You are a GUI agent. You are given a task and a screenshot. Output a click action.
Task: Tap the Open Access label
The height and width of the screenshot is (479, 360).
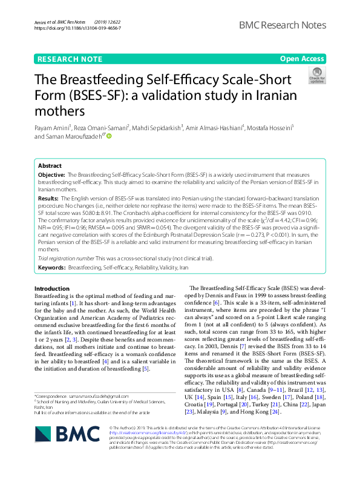click(302, 59)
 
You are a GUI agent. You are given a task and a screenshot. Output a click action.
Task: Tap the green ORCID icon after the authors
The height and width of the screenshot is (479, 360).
click(110, 137)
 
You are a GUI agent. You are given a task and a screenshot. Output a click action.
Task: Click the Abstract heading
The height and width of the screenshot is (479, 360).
click(50, 165)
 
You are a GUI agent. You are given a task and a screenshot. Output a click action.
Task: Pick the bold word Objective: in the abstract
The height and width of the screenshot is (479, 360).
click(51, 174)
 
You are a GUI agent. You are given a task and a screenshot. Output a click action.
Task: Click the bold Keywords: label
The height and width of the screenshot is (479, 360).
click(52, 267)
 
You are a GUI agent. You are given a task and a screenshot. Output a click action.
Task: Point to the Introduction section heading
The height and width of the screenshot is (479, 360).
click(52, 288)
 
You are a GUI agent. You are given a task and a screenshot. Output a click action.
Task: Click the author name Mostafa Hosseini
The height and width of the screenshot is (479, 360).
click(270, 128)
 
